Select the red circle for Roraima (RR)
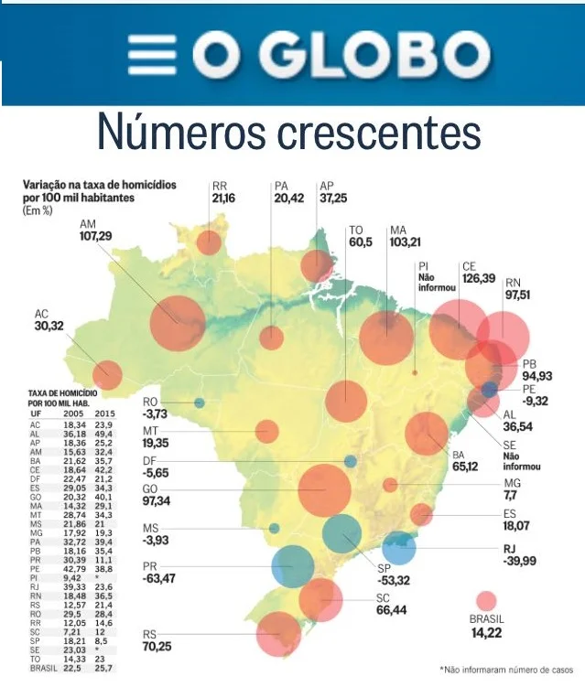coord(210,242)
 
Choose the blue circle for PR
coord(294,564)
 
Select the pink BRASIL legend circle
coord(487,600)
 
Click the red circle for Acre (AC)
coord(107,374)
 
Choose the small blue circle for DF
coord(351,461)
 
